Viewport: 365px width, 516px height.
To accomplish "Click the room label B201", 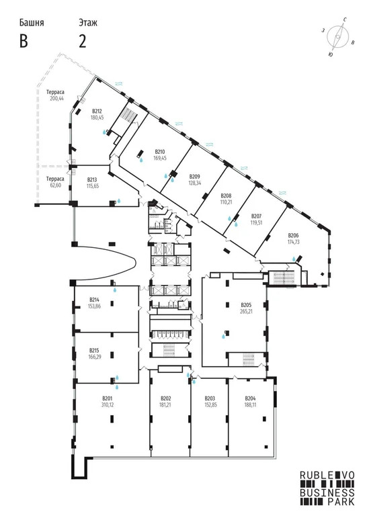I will pos(106,398).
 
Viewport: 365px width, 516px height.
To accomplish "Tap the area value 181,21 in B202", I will pos(165,405).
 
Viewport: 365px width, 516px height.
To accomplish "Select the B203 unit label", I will pos(210,398).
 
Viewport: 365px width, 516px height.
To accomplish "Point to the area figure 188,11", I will pos(251,405).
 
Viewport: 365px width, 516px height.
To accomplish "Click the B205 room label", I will pos(246,304).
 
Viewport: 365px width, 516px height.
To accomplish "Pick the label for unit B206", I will pos(293,234).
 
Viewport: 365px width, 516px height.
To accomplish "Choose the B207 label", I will pos(256,216).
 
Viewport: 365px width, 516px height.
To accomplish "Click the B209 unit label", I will pos(194,176).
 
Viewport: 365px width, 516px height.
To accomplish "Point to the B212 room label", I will pos(97,111).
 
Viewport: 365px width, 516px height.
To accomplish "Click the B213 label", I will pos(93,179).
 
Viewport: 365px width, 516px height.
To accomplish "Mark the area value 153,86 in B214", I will pos(95,306).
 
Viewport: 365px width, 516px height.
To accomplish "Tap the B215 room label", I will pos(95,350).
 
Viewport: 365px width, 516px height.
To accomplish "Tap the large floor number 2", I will pos(83,41).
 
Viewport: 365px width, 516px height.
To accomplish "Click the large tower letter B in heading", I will pos(24,41).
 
